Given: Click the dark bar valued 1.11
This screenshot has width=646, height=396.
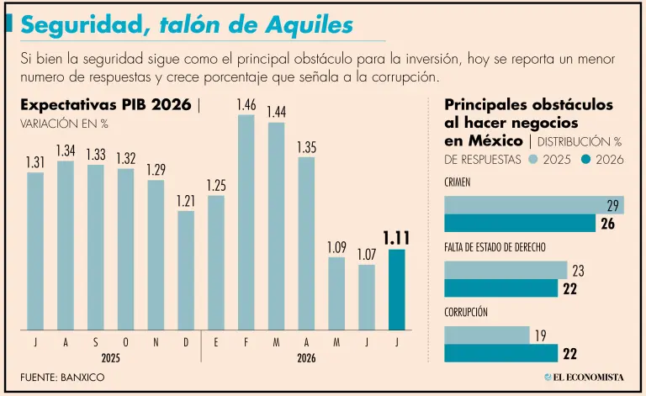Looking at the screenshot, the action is tap(397, 289).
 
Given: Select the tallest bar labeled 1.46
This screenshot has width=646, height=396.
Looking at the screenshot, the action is tap(246, 222).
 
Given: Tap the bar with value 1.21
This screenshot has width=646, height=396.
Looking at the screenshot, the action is tap(186, 271).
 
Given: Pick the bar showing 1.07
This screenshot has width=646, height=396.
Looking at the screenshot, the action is tap(367, 297).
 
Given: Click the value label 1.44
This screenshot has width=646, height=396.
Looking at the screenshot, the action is tap(277, 112).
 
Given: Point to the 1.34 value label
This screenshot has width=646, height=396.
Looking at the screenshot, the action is tap(66, 150).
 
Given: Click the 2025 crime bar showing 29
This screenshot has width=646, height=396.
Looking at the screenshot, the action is tap(534, 205).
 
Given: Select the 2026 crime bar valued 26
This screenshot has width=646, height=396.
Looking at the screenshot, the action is tap(520, 223).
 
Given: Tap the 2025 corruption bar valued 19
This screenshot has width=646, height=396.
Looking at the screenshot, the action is tap(486, 335).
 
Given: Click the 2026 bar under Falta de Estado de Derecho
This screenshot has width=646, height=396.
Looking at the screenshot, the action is tap(501, 288).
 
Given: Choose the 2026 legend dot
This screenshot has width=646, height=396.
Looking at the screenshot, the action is tap(585, 159).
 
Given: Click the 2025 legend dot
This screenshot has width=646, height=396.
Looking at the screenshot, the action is tap(533, 159).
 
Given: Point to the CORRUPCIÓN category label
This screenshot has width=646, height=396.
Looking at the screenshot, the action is tap(465, 312).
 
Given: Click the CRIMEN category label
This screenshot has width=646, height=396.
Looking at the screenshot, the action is tap(458, 182).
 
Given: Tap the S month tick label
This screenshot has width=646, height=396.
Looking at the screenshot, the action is tap(96, 342).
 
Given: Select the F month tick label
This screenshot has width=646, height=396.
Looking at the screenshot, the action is tap(246, 342).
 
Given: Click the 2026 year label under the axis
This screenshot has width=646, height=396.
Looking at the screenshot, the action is tap(306, 358).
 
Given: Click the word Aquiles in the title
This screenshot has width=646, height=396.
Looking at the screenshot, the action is tap(310, 24).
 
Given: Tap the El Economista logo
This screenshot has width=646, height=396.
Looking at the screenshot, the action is tap(584, 377).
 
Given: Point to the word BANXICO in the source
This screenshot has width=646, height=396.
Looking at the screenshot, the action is tap(82, 377).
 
